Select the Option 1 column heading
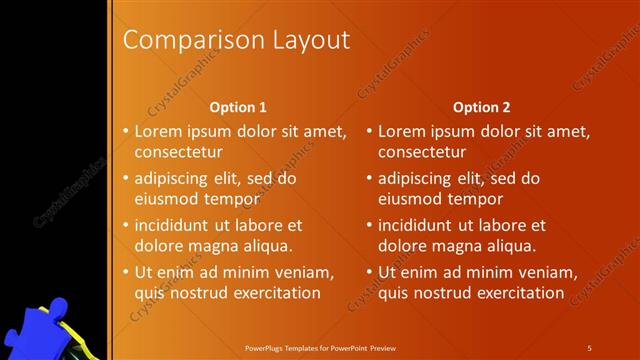(x=238, y=106)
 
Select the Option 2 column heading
(x=482, y=106)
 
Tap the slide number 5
(x=589, y=348)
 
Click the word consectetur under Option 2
(x=422, y=152)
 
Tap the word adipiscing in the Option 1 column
(x=173, y=179)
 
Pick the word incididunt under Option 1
(x=175, y=225)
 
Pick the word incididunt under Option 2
(x=419, y=225)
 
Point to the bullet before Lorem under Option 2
(x=368, y=131)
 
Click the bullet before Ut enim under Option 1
(x=124, y=272)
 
